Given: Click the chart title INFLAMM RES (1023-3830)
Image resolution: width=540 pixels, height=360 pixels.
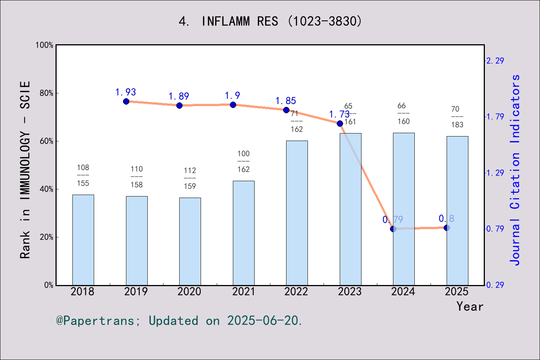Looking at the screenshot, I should (x=270, y=21).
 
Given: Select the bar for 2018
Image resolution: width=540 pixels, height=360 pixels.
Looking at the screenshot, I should (x=83, y=240).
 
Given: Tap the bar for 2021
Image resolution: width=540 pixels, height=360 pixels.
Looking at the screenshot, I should (x=243, y=232).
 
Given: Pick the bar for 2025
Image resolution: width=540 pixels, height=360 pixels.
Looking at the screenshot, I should (x=457, y=210).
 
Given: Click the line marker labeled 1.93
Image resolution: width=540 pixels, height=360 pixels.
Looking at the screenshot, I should (x=126, y=101).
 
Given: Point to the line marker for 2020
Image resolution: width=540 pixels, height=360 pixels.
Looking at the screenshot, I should (x=179, y=105).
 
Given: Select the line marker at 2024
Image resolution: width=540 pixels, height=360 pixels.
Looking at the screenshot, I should (x=393, y=229).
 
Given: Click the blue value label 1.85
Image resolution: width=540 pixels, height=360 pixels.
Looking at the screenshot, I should (x=286, y=101).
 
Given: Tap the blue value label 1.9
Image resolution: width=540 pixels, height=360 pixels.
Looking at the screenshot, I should (x=232, y=96).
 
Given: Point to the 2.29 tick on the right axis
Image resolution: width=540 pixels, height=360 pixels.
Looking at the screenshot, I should (x=495, y=61).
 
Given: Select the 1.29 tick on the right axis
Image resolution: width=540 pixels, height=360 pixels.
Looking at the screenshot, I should (x=495, y=173).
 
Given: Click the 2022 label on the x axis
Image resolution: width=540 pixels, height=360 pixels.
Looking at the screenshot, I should (x=296, y=292).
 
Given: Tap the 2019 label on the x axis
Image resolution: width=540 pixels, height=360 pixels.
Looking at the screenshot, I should (x=136, y=292).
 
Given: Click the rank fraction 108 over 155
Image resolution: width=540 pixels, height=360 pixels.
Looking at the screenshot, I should (x=83, y=175).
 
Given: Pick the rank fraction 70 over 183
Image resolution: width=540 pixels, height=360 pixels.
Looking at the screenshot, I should (x=457, y=117).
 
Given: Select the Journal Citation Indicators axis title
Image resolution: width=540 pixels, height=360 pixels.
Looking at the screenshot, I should (x=515, y=169).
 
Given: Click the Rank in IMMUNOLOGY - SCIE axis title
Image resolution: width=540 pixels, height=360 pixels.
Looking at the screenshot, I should (x=25, y=169).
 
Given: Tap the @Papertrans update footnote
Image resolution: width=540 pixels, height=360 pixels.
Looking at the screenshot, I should (x=179, y=321).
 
